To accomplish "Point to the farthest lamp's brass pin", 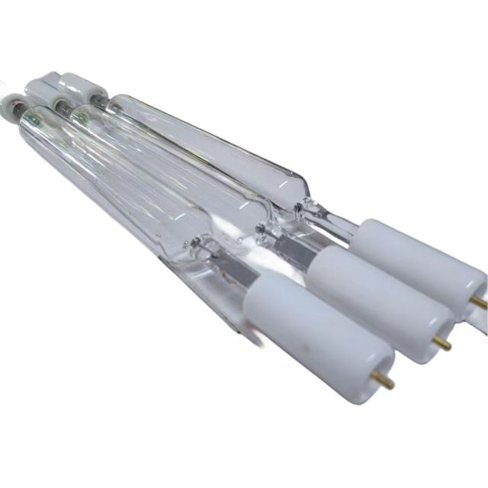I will click(479, 303).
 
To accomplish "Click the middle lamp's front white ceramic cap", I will click(366, 294).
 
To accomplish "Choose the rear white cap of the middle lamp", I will click(44, 85).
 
